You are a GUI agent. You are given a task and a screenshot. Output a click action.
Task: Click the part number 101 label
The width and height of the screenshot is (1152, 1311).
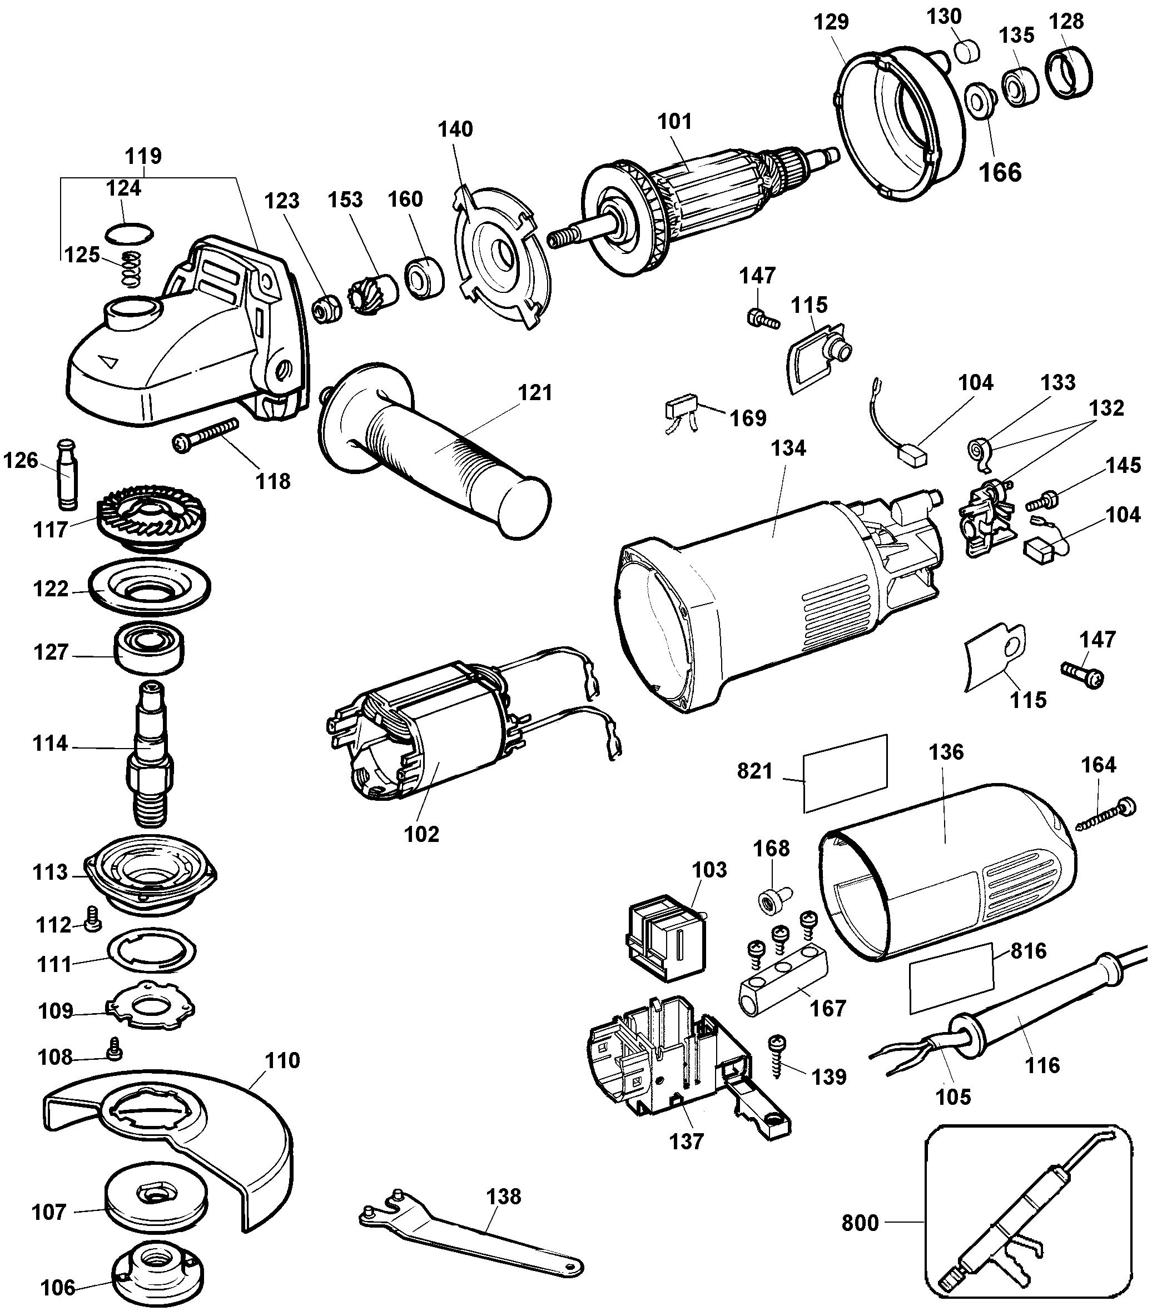click(x=674, y=121)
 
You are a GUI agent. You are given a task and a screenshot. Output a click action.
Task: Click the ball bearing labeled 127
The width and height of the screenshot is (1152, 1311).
click(x=149, y=649)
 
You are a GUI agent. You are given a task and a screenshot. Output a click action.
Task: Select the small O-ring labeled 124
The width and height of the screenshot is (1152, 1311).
click(x=130, y=234)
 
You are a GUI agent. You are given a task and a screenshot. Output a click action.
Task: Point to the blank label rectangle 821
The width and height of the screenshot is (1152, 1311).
click(x=845, y=773)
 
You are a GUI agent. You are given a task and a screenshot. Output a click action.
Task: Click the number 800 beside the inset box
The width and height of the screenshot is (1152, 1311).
click(x=860, y=1223)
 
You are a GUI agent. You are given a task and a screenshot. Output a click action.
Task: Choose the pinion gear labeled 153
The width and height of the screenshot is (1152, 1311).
click(x=370, y=296)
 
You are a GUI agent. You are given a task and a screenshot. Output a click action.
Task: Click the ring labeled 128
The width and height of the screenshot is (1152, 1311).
click(x=1069, y=73)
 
